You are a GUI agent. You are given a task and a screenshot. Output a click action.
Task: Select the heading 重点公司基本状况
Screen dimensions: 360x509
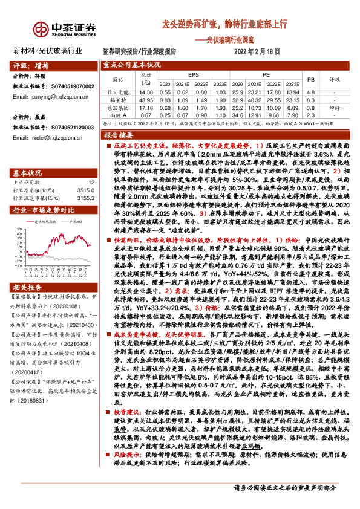point(131,63)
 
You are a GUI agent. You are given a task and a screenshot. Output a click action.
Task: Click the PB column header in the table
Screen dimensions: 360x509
point(310,79)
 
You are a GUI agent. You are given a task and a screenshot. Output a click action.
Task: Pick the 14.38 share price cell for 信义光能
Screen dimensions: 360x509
point(145,91)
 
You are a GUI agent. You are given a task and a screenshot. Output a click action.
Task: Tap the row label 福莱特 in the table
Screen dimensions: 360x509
point(117,99)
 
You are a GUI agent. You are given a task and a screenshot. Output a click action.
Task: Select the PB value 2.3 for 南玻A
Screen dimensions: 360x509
point(310,114)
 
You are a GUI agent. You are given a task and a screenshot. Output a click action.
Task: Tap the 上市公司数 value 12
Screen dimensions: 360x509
point(91,164)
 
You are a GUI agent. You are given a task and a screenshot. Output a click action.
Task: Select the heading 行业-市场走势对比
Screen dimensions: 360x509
point(44,193)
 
